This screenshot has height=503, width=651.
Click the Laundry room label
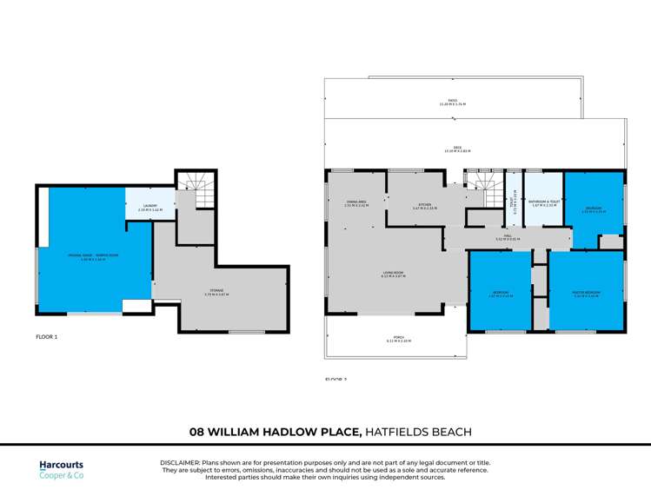point(149,207)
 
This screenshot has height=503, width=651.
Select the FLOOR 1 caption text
point(46,335)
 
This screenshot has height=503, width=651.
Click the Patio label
point(452,102)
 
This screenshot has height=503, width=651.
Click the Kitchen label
point(424,206)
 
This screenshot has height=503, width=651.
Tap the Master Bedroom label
point(587,295)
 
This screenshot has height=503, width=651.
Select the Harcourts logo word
point(62,465)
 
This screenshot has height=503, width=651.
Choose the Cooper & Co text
point(62,475)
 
